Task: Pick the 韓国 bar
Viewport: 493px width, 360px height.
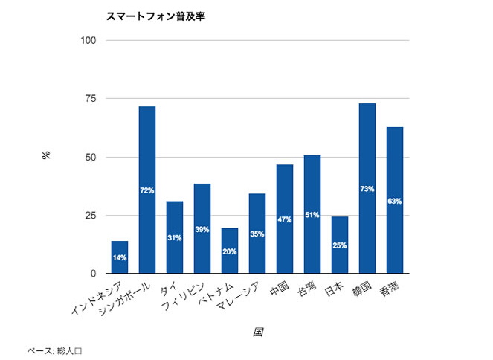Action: [367, 149]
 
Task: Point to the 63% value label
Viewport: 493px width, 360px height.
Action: [395, 201]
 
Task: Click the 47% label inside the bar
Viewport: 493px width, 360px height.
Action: [285, 219]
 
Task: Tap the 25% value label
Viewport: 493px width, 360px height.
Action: [340, 245]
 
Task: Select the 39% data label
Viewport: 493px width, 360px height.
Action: [202, 229]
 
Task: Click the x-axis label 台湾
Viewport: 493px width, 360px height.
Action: [306, 289]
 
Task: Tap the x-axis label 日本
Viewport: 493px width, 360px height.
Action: [334, 289]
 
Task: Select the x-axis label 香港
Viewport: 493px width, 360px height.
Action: [389, 289]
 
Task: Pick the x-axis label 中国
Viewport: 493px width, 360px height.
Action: [279, 289]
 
